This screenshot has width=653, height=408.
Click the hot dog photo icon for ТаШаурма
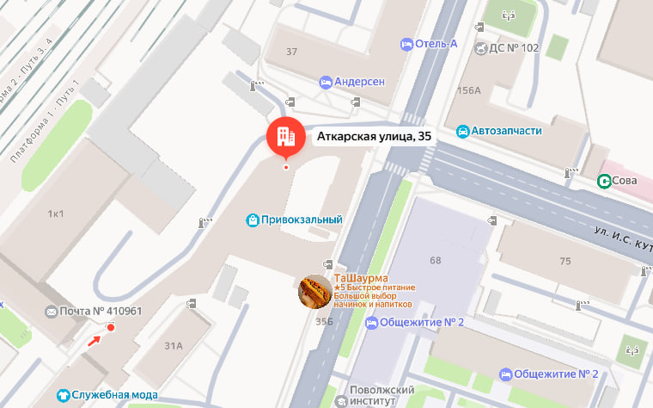point(315,293)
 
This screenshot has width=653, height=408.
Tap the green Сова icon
point(605,181)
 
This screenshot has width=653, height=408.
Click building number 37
point(291,52)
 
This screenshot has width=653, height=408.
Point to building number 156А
point(469,90)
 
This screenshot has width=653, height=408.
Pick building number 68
point(435,260)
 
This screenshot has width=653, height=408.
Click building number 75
point(565,261)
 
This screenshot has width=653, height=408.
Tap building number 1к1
point(56,213)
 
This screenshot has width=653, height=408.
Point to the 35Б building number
point(324,322)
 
